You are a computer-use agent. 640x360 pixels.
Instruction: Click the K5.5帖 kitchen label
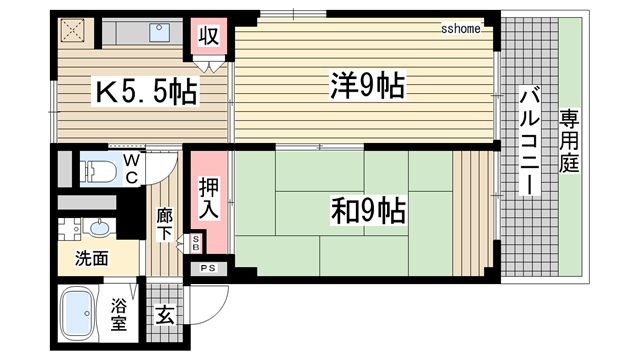coord(146,93)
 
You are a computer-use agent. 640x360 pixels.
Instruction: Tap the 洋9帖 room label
coord(367,87)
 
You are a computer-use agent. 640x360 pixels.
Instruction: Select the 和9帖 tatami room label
coord(368,211)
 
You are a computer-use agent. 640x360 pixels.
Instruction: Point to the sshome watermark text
coord(461,28)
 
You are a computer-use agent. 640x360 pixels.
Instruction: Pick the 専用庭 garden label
coord(571,142)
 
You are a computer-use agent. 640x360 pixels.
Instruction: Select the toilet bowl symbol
coord(96,170)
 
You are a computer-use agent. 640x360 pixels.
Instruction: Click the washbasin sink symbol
coord(74,225)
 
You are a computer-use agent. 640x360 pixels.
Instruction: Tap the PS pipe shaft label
coord(209,268)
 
